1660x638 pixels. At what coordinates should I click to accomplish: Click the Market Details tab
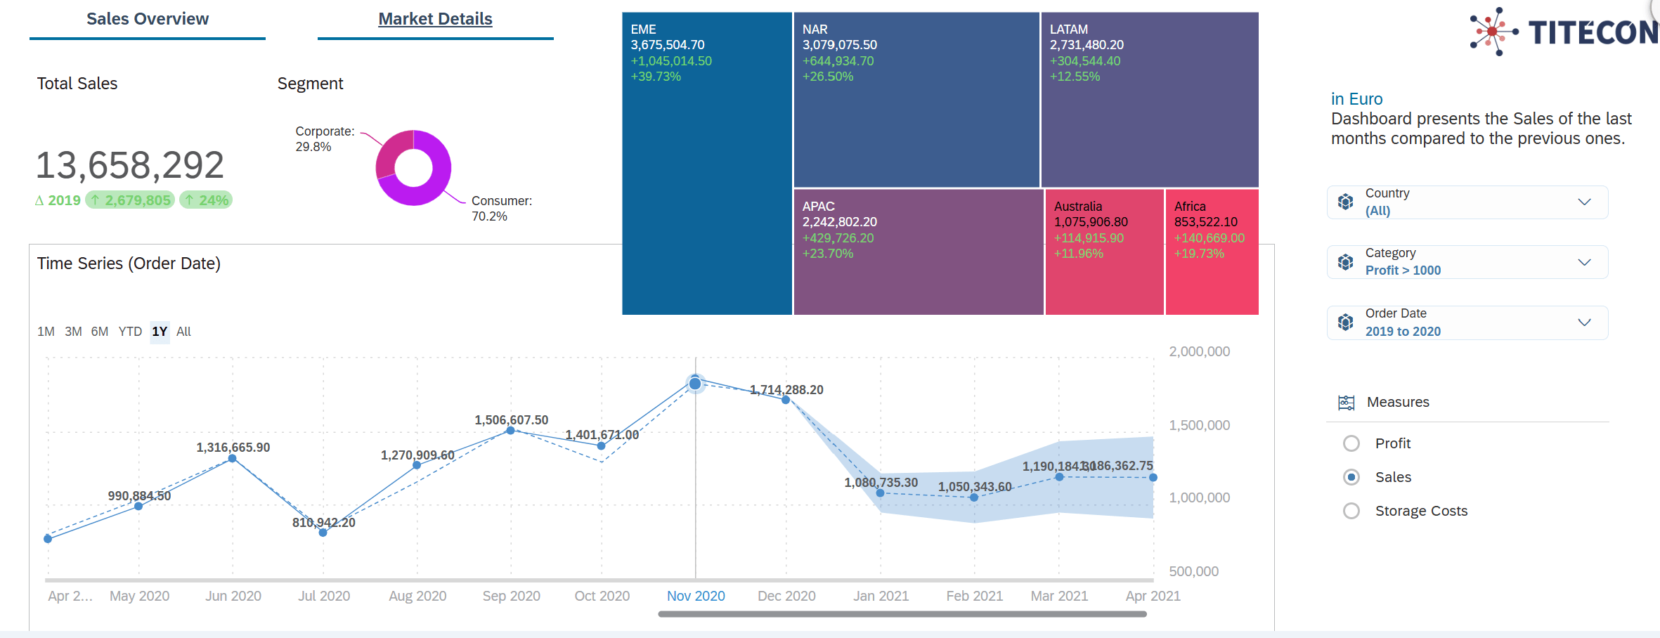point(435,19)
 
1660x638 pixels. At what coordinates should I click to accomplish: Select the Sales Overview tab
point(148,19)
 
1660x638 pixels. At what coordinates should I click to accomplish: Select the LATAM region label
point(1068,30)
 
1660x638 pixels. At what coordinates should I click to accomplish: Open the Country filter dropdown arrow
point(1584,202)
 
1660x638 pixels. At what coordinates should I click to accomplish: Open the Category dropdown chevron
point(1584,262)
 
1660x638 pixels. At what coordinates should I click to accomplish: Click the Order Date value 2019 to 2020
point(1403,332)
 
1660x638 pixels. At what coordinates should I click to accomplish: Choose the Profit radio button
point(1351,443)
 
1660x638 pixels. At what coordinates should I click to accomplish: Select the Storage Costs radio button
point(1351,511)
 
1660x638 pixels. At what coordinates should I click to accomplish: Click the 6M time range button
point(100,332)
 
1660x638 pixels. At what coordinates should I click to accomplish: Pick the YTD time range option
point(130,332)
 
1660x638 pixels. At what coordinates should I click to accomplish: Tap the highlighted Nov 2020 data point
point(695,383)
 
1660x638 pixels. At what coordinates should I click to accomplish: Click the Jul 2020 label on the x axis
point(324,596)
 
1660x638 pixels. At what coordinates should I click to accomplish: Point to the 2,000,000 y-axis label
point(1199,351)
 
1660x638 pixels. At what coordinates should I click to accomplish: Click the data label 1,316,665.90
point(233,448)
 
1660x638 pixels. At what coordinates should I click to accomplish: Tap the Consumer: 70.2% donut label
point(501,209)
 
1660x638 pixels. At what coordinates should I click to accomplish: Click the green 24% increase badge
point(206,200)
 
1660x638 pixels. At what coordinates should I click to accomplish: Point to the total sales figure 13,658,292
point(130,165)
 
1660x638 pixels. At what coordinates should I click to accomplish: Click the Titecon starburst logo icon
point(1492,32)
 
